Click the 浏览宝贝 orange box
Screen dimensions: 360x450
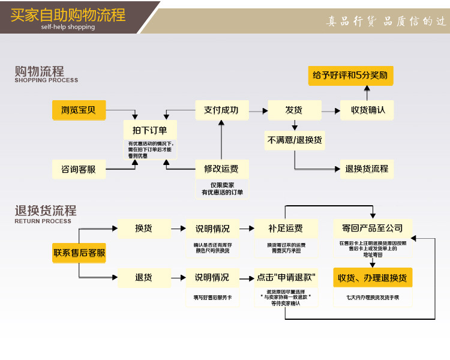(79, 110)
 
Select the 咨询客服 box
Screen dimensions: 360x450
(79, 169)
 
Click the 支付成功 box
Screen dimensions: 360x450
(221, 110)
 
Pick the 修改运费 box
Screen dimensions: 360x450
(221, 169)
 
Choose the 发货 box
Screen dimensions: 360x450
(293, 110)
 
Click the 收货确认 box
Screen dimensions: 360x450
(367, 110)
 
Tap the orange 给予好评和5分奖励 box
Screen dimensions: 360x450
(350, 76)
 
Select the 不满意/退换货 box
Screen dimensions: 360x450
(294, 140)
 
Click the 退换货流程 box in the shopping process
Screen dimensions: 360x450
(367, 169)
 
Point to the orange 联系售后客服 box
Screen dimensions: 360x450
(79, 253)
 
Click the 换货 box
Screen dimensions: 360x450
(143, 228)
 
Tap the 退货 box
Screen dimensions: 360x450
(143, 277)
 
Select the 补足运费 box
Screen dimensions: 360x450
(286, 228)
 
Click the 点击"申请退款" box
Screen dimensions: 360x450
(286, 277)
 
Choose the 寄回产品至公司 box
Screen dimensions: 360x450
(373, 228)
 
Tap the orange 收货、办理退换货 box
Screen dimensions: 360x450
(373, 278)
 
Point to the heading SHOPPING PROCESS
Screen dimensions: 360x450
(46, 80)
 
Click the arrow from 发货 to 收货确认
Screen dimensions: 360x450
(329, 110)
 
